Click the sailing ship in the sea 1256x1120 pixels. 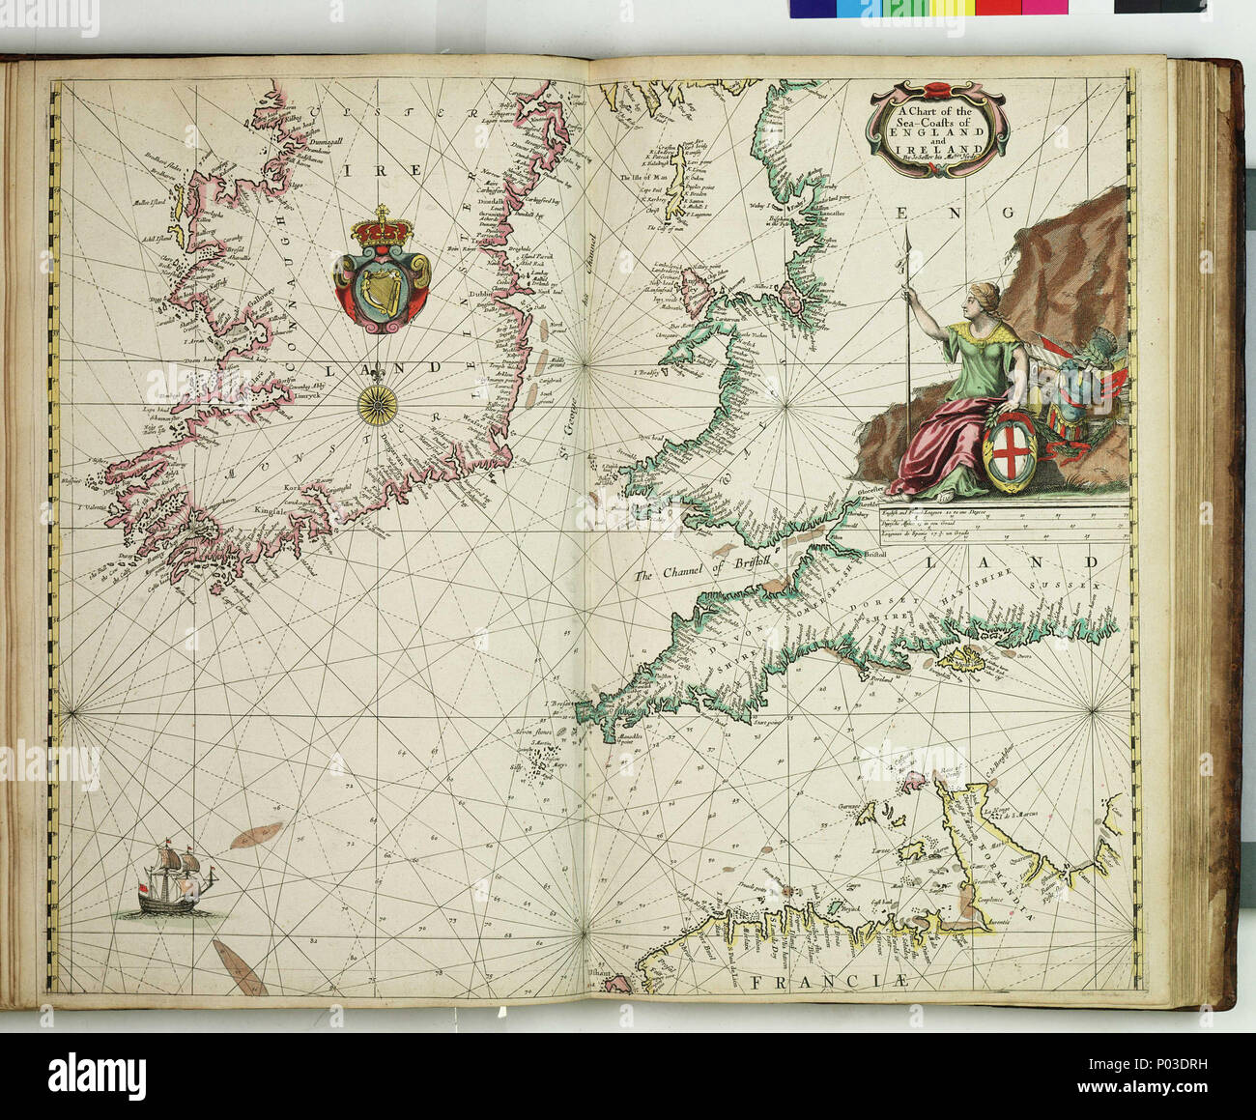(x=174, y=877)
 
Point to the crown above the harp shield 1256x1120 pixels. (x=380, y=232)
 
